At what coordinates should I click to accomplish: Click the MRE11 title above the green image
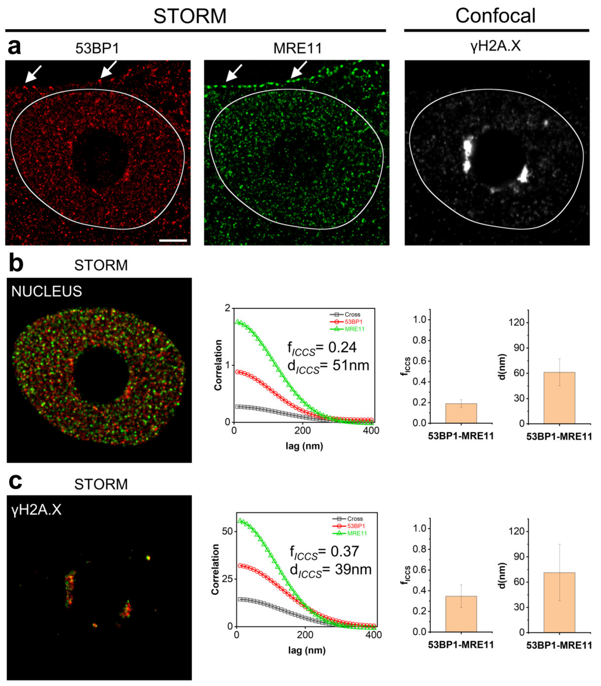click(297, 49)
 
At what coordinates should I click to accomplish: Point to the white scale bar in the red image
click(173, 240)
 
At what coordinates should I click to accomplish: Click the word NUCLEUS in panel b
click(47, 291)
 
